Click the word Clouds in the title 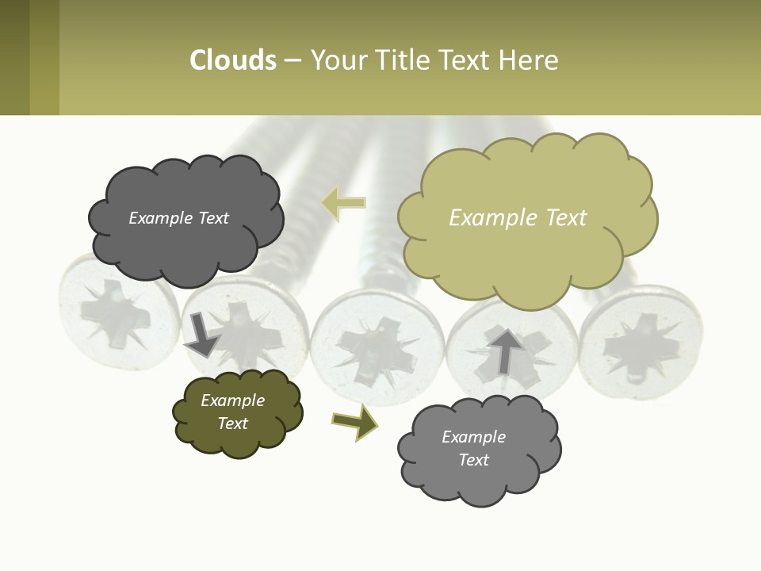coord(233,60)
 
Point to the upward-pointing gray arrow coord(506,350)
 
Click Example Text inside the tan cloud coord(518,218)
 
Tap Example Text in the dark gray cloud coord(178,218)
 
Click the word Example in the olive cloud coord(232,400)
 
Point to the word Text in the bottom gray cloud coord(473,460)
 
